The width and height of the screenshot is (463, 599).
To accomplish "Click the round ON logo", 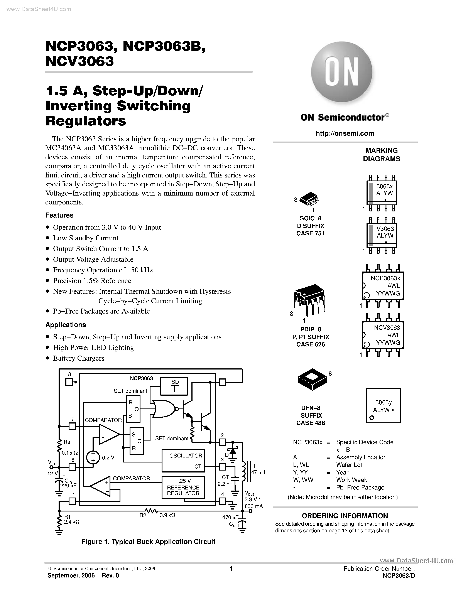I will coord(341,72).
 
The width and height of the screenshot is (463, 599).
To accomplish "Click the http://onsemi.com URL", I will coord(345,133).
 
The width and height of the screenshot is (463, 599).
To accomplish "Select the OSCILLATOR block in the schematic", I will coord(183,461).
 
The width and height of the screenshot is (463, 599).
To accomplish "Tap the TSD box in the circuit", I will coord(174,386).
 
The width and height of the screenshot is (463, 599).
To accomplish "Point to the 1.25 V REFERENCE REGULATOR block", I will coord(183,487).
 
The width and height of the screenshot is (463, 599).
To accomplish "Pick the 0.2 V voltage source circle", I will coord(93,457).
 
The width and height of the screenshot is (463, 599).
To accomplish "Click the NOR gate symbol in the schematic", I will coord(164,409).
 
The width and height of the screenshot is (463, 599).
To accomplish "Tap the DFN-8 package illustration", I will coord(312,380).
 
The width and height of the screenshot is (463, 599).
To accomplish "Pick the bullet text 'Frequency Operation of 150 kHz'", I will coord(103,270).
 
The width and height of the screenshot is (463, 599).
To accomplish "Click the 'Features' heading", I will coord(59,215).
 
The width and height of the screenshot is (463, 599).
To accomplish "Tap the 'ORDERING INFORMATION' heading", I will coord(345,516).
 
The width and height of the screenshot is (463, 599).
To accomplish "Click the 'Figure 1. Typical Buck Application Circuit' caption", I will coord(148,542).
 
